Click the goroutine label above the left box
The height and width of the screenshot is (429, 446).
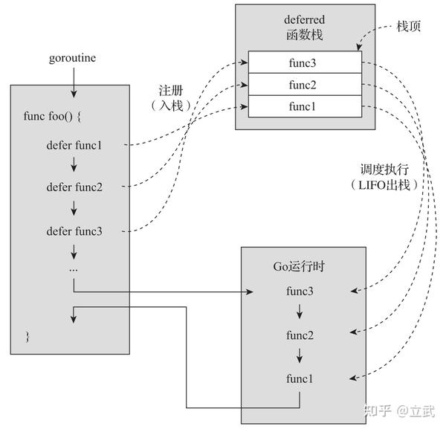coord(72,57)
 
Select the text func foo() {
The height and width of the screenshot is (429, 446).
coord(51,117)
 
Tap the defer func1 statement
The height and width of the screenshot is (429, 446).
coord(74,145)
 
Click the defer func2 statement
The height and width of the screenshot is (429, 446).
coord(74,187)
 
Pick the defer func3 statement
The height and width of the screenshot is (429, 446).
coord(74,230)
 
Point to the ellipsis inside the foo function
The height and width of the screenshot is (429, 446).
coord(74,268)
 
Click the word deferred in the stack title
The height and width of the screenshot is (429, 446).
coord(305,19)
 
